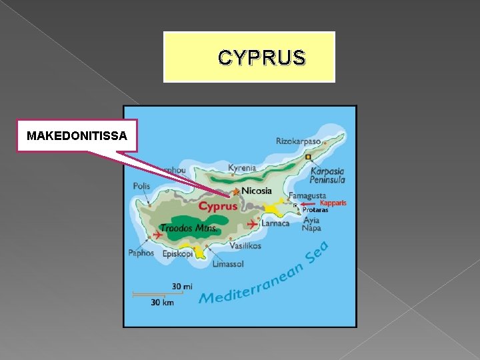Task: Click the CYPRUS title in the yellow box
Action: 261,59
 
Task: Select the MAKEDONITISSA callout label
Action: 77,136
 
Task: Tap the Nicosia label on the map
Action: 257,191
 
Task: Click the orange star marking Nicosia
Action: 235,192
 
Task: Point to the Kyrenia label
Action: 242,168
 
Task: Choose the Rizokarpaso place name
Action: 298,141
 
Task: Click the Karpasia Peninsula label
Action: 327,175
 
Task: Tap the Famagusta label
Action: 307,196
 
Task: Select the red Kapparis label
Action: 333,203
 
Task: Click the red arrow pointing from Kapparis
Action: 308,204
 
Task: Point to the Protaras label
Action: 315,210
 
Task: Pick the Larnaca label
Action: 275,223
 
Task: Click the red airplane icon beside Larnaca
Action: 252,223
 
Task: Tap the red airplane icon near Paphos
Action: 157,235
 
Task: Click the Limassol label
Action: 228,264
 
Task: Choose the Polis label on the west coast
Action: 141,186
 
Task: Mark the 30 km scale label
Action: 162,303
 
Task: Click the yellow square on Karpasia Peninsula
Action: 308,157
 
